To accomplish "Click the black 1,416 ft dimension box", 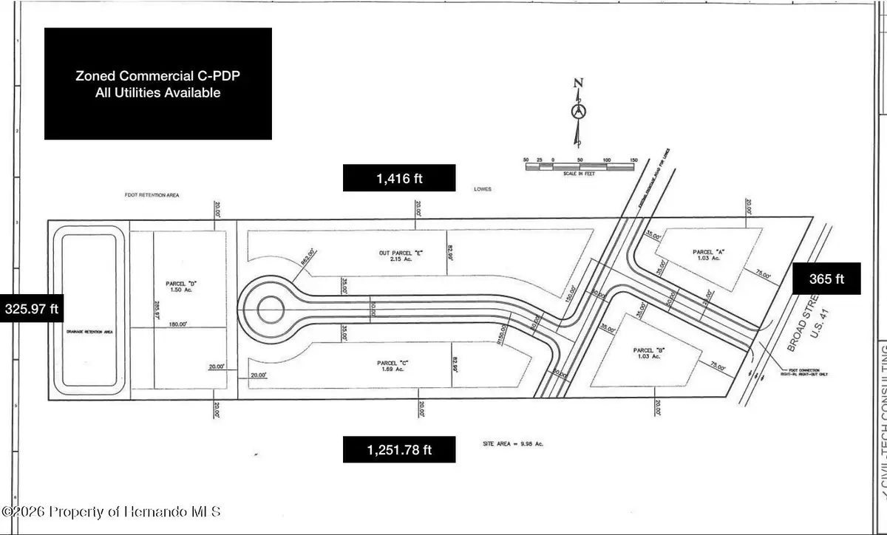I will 398,178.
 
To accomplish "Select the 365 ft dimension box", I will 827,279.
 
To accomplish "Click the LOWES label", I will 481,189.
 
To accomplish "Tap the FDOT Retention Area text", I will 152,196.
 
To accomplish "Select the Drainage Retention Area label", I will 89,333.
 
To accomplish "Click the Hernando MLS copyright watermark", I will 111,511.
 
